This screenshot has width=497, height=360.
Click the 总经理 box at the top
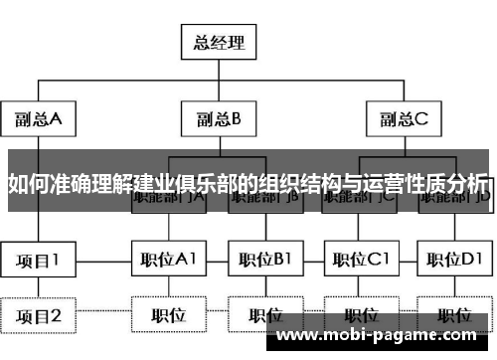tap(219, 43)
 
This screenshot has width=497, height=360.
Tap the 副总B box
tap(219, 119)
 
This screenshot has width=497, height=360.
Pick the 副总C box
tap(403, 119)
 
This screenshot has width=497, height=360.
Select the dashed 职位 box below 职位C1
tap(360, 315)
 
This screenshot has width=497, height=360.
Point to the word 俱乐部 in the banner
tap(209, 183)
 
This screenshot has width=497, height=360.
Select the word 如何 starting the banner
tap(22, 183)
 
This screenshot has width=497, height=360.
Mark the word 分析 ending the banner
tap(468, 183)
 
